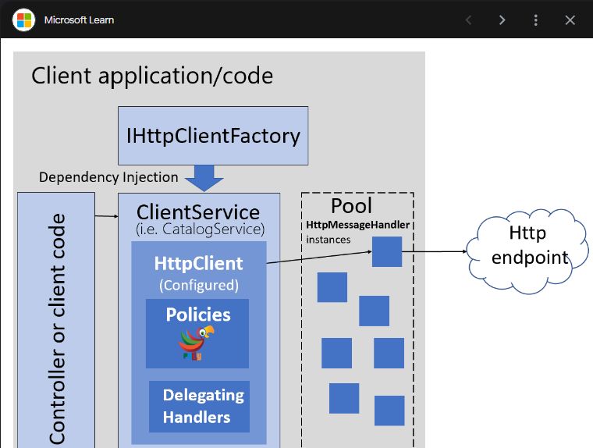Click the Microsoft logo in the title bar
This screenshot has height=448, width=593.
(24, 20)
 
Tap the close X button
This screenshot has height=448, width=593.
(570, 20)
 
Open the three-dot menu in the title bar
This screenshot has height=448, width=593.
(536, 20)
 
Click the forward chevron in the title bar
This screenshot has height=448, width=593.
(502, 20)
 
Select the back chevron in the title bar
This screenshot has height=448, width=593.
(468, 20)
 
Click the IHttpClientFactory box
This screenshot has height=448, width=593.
(213, 135)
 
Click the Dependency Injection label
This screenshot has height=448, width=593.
(108, 177)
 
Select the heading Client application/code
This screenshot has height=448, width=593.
(152, 76)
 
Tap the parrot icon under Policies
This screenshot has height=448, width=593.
(196, 343)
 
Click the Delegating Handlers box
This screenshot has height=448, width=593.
(199, 406)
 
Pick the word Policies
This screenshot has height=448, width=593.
(198, 315)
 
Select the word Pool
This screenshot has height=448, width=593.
(351, 206)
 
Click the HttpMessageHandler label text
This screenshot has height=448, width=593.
(357, 225)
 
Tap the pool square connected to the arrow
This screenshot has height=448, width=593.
(386, 252)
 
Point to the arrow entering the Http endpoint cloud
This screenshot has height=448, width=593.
(460, 251)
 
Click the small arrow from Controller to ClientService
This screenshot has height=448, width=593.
(105, 215)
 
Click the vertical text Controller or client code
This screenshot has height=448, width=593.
(57, 328)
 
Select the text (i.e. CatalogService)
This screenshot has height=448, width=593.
(200, 229)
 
